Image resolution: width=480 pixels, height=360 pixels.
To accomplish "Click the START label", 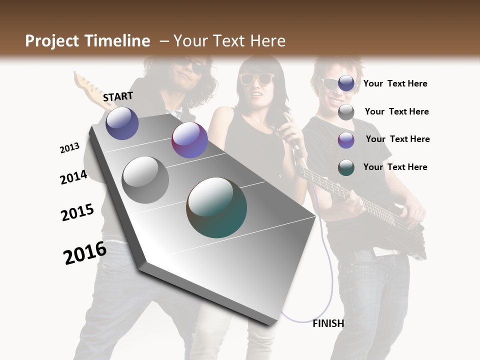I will pyautogui.click(x=118, y=96).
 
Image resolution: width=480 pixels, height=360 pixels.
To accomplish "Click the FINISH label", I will pyautogui.click(x=328, y=323).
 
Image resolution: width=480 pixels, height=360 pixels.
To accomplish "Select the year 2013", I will pyautogui.click(x=70, y=148).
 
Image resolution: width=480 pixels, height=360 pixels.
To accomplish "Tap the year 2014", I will pyautogui.click(x=74, y=177).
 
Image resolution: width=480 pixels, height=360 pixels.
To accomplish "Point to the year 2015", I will pyautogui.click(x=77, y=212).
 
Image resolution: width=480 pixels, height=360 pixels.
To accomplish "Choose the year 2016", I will pyautogui.click(x=85, y=252).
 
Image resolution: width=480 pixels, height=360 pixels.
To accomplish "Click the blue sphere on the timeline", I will pyautogui.click(x=122, y=123).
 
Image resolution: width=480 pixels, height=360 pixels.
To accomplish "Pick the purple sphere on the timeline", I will pyautogui.click(x=189, y=140).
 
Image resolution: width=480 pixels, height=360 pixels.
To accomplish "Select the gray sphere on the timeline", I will pyautogui.click(x=145, y=179).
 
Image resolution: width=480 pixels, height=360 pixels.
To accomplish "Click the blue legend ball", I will pyautogui.click(x=346, y=83).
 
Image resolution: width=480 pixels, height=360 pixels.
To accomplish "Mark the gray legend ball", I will pyautogui.click(x=346, y=112).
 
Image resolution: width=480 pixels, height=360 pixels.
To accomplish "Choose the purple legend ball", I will pyautogui.click(x=346, y=140).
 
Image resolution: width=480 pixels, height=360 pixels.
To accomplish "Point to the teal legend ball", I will pyautogui.click(x=346, y=167).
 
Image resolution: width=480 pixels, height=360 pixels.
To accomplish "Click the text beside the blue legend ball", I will pyautogui.click(x=395, y=83).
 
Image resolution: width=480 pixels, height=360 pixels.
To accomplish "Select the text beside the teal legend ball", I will pyautogui.click(x=395, y=167).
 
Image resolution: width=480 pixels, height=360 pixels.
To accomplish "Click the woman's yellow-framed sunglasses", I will pyautogui.click(x=257, y=78).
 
